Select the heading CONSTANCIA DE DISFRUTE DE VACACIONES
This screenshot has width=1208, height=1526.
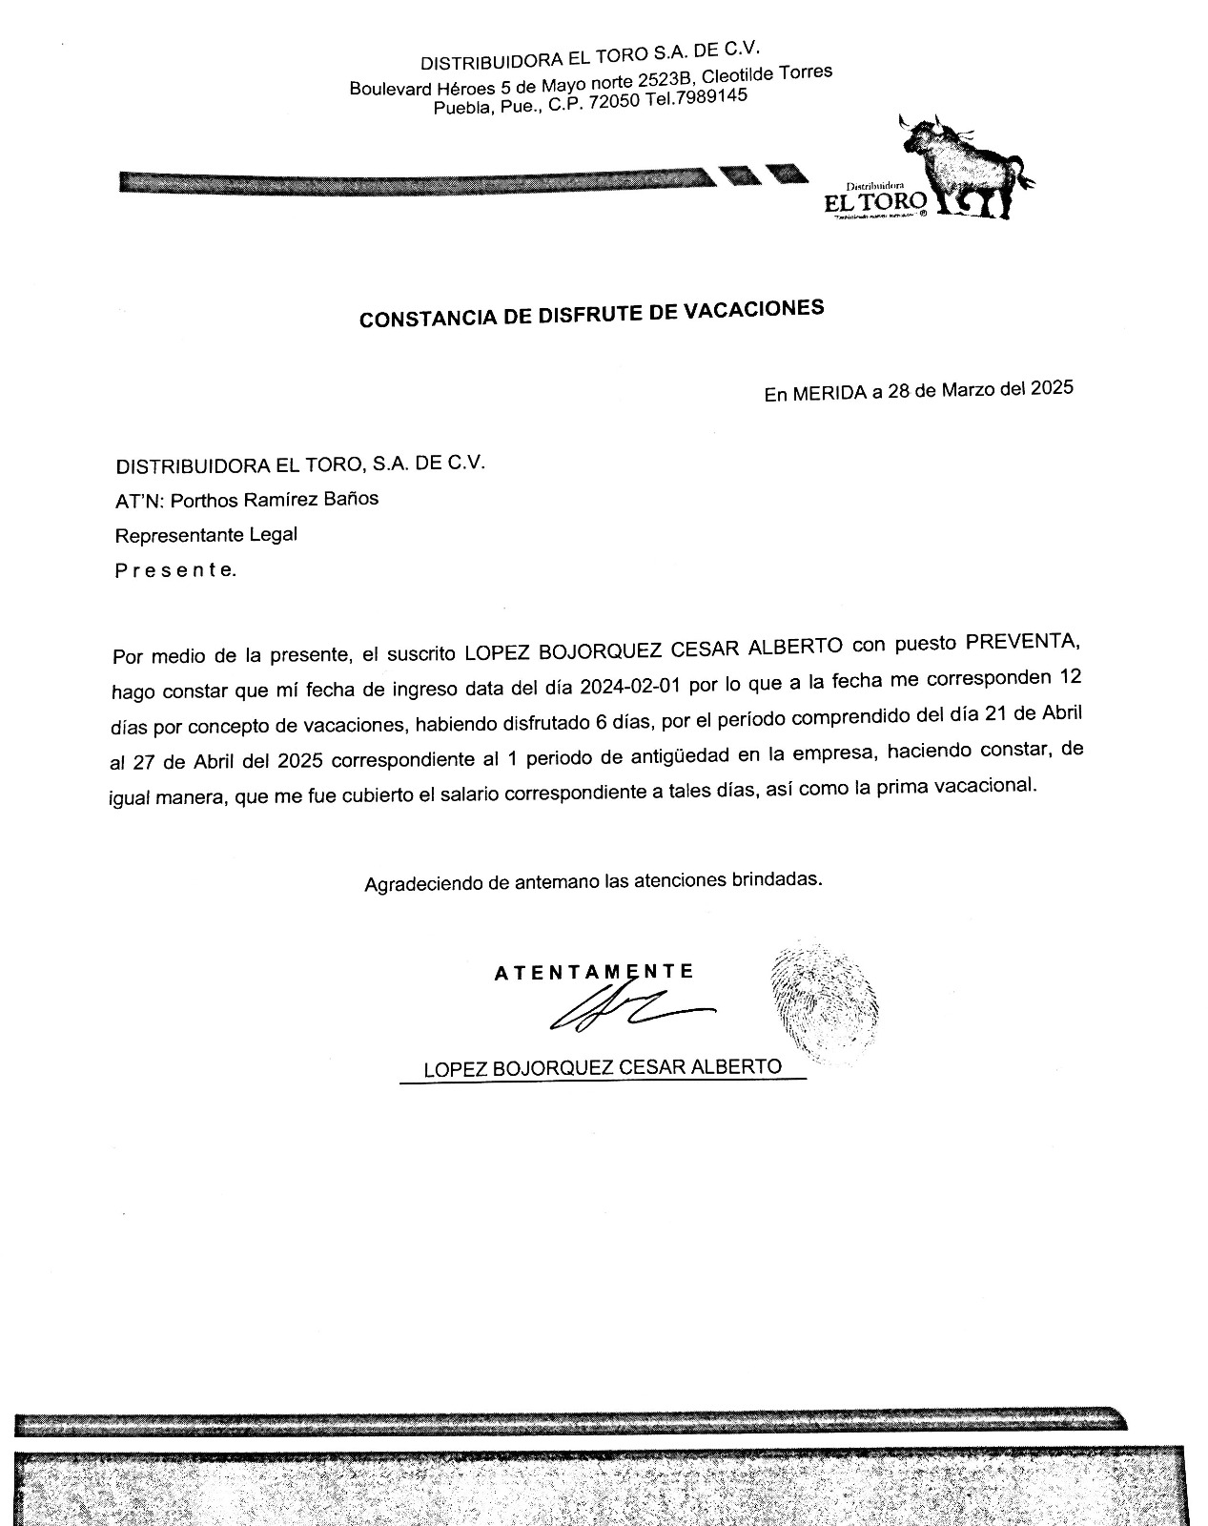pyautogui.click(x=591, y=314)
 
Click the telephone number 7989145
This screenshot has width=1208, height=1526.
pyautogui.click(x=710, y=98)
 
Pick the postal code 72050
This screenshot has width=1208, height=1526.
pyautogui.click(x=614, y=103)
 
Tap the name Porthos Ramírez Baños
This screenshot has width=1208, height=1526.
pyautogui.click(x=274, y=499)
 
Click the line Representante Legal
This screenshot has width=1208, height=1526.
pyautogui.click(x=206, y=535)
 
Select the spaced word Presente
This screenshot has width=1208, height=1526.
pyautogui.click(x=174, y=570)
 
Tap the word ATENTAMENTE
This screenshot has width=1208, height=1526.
pyautogui.click(x=594, y=973)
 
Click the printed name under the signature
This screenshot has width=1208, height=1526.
pyautogui.click(x=603, y=1067)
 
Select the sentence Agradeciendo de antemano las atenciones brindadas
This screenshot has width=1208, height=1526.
pyautogui.click(x=593, y=881)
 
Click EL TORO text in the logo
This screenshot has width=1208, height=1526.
pyautogui.click(x=875, y=201)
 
